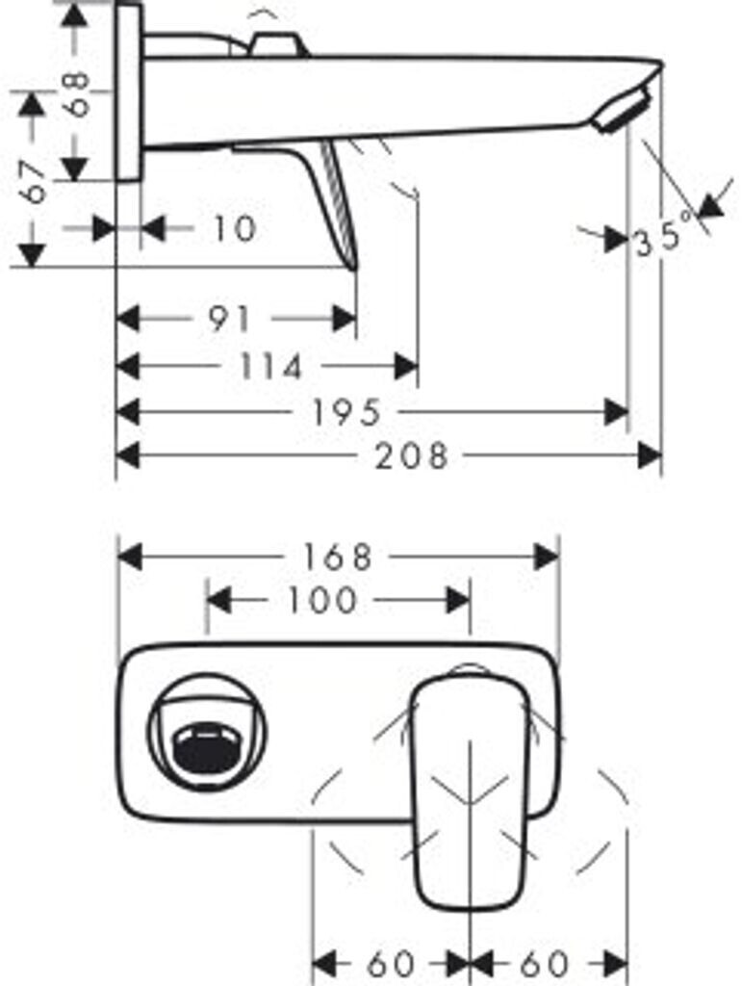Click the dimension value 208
412,455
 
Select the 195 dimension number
346,412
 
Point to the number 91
230,320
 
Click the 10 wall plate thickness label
235,228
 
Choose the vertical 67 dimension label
34,181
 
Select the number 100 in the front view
322,601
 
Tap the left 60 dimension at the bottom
390,963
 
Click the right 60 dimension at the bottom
544,963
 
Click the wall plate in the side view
129,93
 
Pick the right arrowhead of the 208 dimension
650,455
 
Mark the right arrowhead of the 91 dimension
345,320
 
